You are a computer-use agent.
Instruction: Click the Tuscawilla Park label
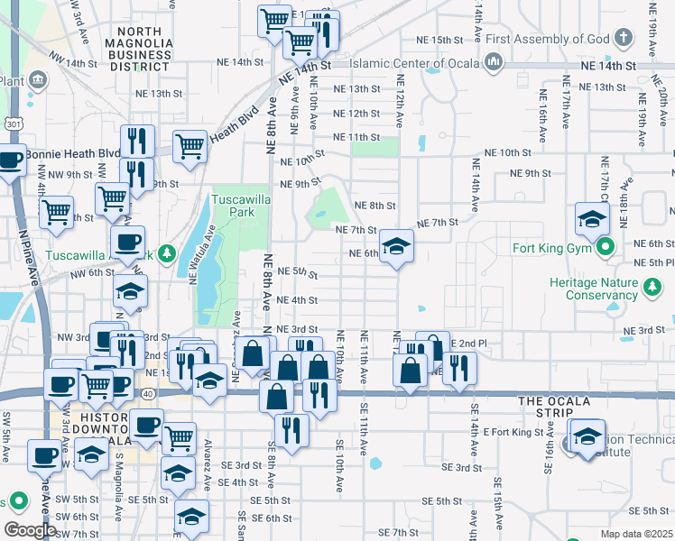point(234,206)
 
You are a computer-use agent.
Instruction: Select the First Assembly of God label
point(548,39)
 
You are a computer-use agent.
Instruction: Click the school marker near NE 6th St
point(395,246)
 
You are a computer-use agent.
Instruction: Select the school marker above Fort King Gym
point(592,219)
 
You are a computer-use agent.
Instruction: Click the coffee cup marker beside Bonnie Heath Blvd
point(10,162)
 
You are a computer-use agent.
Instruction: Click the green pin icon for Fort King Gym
point(607,244)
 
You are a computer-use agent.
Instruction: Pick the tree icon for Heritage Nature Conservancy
point(652,288)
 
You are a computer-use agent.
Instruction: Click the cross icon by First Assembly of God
point(623,39)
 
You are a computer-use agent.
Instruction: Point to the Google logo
point(30,530)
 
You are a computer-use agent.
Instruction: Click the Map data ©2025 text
point(636,534)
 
